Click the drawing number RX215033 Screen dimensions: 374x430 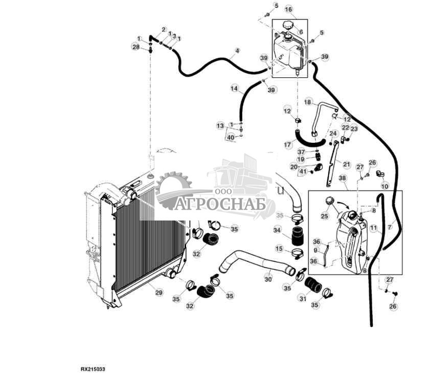pyautogui.click(x=93, y=368)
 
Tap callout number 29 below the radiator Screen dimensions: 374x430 pyautogui.click(x=159, y=292)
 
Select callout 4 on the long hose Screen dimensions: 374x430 pyautogui.click(x=237, y=51)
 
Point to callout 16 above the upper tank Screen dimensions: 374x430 pyautogui.click(x=288, y=10)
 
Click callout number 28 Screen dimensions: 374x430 pyautogui.click(x=135, y=47)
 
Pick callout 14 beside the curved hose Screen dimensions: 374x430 pyautogui.click(x=234, y=89)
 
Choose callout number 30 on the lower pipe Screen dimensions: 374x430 pyautogui.click(x=267, y=279)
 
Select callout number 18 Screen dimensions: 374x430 pyautogui.click(x=308, y=102)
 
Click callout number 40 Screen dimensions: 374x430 pyautogui.click(x=231, y=137)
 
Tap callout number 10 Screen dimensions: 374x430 pyautogui.click(x=384, y=187)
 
